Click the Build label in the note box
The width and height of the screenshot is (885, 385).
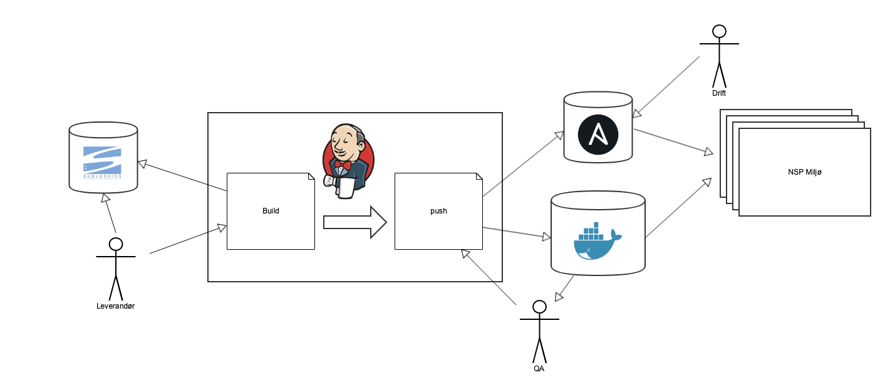pyautogui.click(x=271, y=211)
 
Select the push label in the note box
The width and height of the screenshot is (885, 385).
pyautogui.click(x=438, y=211)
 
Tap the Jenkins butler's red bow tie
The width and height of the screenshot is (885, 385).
pyautogui.click(x=342, y=165)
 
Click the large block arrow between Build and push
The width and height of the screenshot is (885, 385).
pyautogui.click(x=355, y=222)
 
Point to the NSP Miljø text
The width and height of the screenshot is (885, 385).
pyautogui.click(x=804, y=172)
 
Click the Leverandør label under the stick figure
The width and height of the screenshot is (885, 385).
pyautogui.click(x=115, y=306)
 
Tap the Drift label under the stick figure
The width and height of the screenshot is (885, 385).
pyautogui.click(x=719, y=93)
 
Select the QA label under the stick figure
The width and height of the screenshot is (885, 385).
pyautogui.click(x=539, y=368)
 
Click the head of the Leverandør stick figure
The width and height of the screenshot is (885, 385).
pyautogui.click(x=115, y=244)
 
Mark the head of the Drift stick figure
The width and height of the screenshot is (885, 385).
pyautogui.click(x=719, y=31)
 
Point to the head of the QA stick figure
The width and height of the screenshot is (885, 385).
pyautogui.click(x=539, y=307)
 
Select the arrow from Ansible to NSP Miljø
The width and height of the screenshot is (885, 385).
pyautogui.click(x=674, y=141)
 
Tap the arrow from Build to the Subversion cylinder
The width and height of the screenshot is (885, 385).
pyautogui.click(x=182, y=177)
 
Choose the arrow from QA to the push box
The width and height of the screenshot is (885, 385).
pyautogui.click(x=489, y=277)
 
